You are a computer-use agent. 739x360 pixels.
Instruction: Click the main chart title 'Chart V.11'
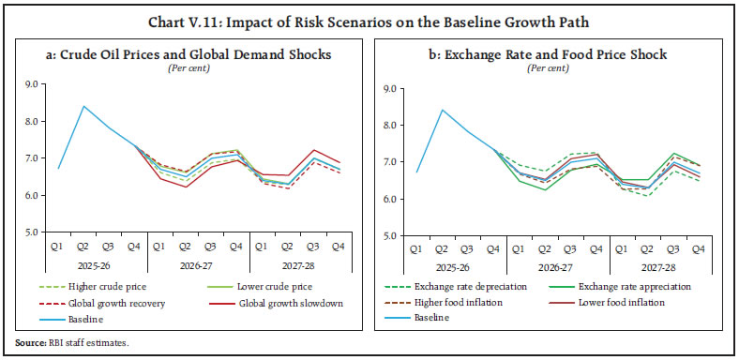[x=369, y=12]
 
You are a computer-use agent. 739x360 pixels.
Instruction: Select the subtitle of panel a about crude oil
[x=190, y=54]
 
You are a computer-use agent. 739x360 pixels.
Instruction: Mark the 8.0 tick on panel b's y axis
[x=388, y=125]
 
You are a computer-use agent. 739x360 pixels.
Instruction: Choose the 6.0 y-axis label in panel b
[x=388, y=199]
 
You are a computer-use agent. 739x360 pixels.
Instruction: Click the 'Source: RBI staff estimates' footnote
[x=70, y=343]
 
